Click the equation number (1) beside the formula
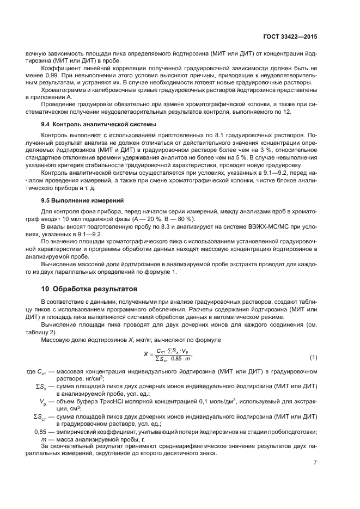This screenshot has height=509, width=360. [313, 357]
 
